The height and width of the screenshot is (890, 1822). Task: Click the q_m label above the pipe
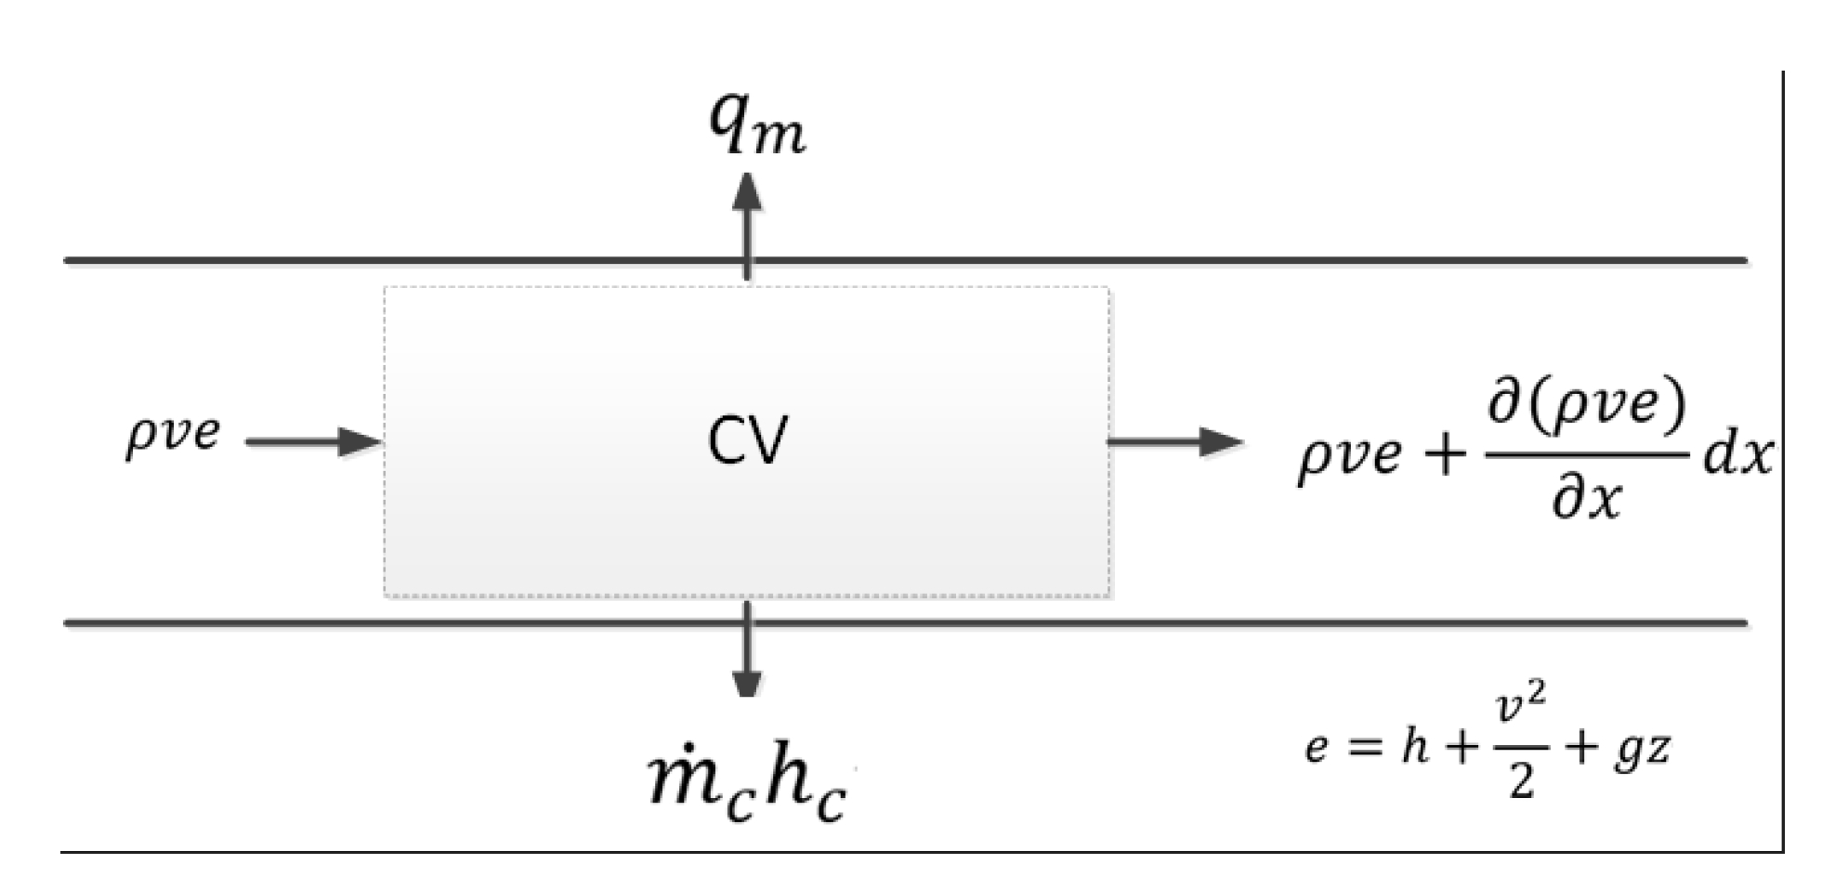[756, 124]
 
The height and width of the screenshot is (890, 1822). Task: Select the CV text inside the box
[746, 440]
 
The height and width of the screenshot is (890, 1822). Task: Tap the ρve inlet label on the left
[173, 434]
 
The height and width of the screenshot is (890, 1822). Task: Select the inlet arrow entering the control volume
[314, 441]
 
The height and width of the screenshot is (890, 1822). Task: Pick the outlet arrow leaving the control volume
[1174, 441]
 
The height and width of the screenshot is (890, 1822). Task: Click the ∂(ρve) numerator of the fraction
[1587, 405]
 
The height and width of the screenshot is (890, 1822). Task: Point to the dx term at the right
[1737, 456]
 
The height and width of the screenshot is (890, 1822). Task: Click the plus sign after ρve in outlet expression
[1445, 456]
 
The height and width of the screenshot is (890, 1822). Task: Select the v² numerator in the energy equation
[1522, 710]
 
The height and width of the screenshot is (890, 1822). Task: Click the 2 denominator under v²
[1521, 781]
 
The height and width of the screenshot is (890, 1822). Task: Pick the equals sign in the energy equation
[1365, 747]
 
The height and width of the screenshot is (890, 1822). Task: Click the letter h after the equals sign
[1415, 744]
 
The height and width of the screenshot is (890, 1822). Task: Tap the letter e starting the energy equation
[1316, 747]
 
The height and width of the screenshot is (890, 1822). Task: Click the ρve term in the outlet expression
[1348, 456]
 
